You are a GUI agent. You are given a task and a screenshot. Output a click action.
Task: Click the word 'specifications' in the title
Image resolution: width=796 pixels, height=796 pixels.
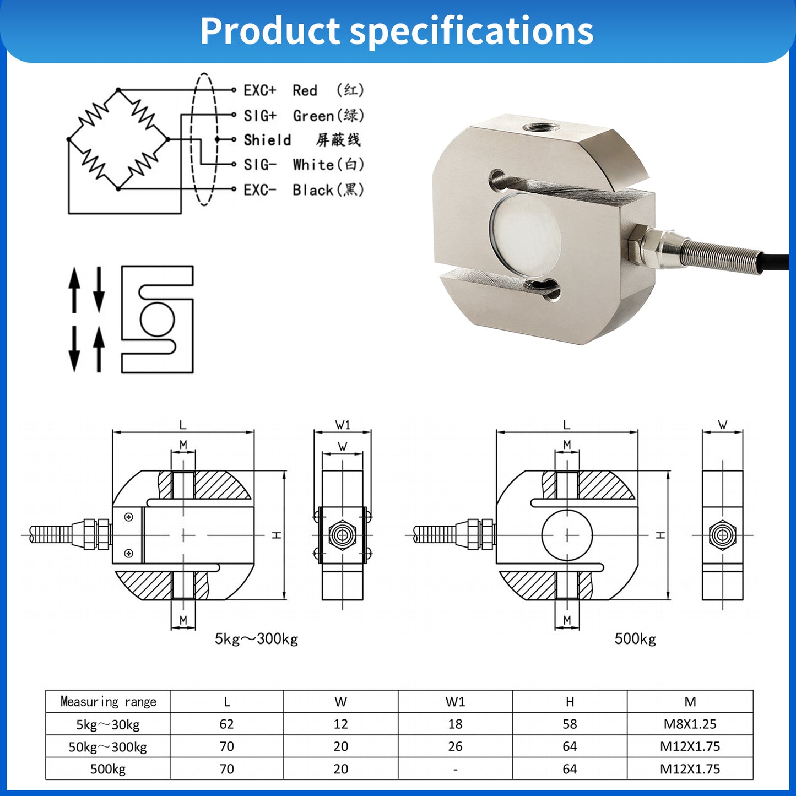[x=472, y=31]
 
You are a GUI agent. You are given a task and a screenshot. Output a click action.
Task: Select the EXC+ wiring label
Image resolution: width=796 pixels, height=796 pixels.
[x=259, y=90]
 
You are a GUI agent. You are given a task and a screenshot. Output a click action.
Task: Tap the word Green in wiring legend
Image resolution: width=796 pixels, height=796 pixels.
[x=313, y=116]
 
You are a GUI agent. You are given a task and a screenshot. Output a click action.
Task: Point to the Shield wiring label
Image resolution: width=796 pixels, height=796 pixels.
[x=267, y=140]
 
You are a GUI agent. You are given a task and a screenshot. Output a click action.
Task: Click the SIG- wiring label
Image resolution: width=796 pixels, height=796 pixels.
[x=259, y=165]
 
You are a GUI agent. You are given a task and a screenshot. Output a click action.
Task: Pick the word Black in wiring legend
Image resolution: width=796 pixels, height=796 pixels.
[x=313, y=190]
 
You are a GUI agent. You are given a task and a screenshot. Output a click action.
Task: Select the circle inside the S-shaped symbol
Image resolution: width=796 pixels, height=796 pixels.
[x=158, y=319]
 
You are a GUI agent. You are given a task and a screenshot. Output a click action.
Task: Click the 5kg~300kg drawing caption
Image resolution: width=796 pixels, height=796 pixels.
[x=256, y=639]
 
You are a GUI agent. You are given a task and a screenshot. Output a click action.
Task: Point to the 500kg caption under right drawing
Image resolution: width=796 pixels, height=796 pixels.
[x=635, y=639]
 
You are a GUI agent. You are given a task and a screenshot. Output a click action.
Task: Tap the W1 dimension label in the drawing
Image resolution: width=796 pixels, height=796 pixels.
[x=343, y=425]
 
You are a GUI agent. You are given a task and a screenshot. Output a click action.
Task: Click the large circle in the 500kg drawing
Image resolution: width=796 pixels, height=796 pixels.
[x=567, y=535]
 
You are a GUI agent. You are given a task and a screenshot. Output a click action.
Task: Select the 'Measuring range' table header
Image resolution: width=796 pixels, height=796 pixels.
[x=108, y=702]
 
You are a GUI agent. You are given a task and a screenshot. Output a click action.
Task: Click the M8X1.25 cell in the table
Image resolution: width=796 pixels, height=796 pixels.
[x=690, y=724]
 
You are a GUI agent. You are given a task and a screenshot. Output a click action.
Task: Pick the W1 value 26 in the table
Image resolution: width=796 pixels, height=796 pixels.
[x=455, y=746]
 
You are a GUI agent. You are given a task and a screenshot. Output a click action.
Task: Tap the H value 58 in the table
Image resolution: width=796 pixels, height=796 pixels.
[x=570, y=724]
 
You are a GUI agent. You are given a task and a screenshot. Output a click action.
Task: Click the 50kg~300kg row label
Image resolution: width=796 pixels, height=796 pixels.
[x=108, y=747]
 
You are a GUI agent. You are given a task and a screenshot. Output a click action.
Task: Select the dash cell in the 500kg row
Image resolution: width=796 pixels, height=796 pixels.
[x=455, y=770]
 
